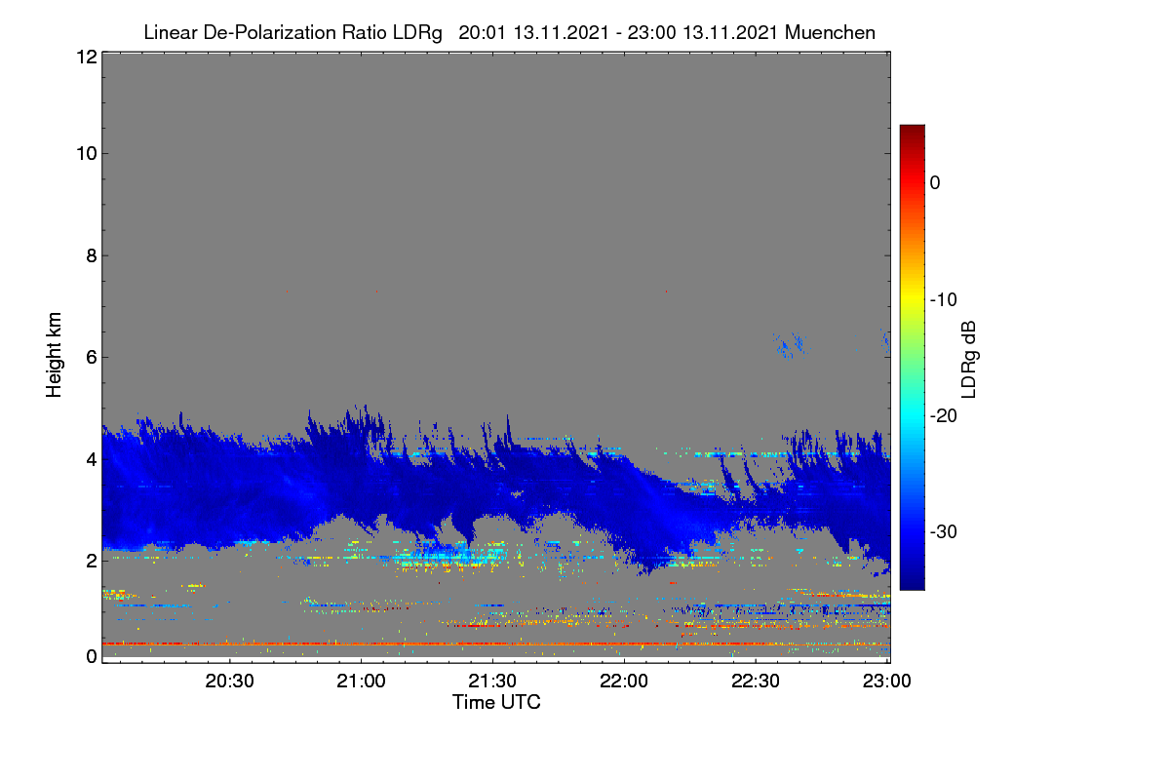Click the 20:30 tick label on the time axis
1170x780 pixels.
tap(229, 681)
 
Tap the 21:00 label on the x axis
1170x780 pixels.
tap(361, 681)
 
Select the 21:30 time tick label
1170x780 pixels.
tap(492, 681)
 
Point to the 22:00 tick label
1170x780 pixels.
tap(624, 681)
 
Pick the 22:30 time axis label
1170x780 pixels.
tap(756, 681)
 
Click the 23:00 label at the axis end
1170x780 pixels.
tap(886, 681)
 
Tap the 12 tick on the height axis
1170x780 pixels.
tap(87, 57)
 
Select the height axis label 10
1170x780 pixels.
tap(87, 154)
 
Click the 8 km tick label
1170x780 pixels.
tap(92, 255)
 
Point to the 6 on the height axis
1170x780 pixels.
tap(92, 358)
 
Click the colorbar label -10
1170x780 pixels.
tap(944, 300)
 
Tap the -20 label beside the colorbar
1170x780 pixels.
tap(944, 416)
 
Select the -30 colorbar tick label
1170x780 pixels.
tap(944, 531)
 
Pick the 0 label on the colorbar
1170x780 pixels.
tap(935, 183)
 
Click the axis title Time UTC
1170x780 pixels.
tap(496, 702)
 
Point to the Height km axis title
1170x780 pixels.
tap(54, 355)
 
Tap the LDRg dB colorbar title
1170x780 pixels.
tap(968, 360)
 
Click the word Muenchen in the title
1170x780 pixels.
tap(830, 33)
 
